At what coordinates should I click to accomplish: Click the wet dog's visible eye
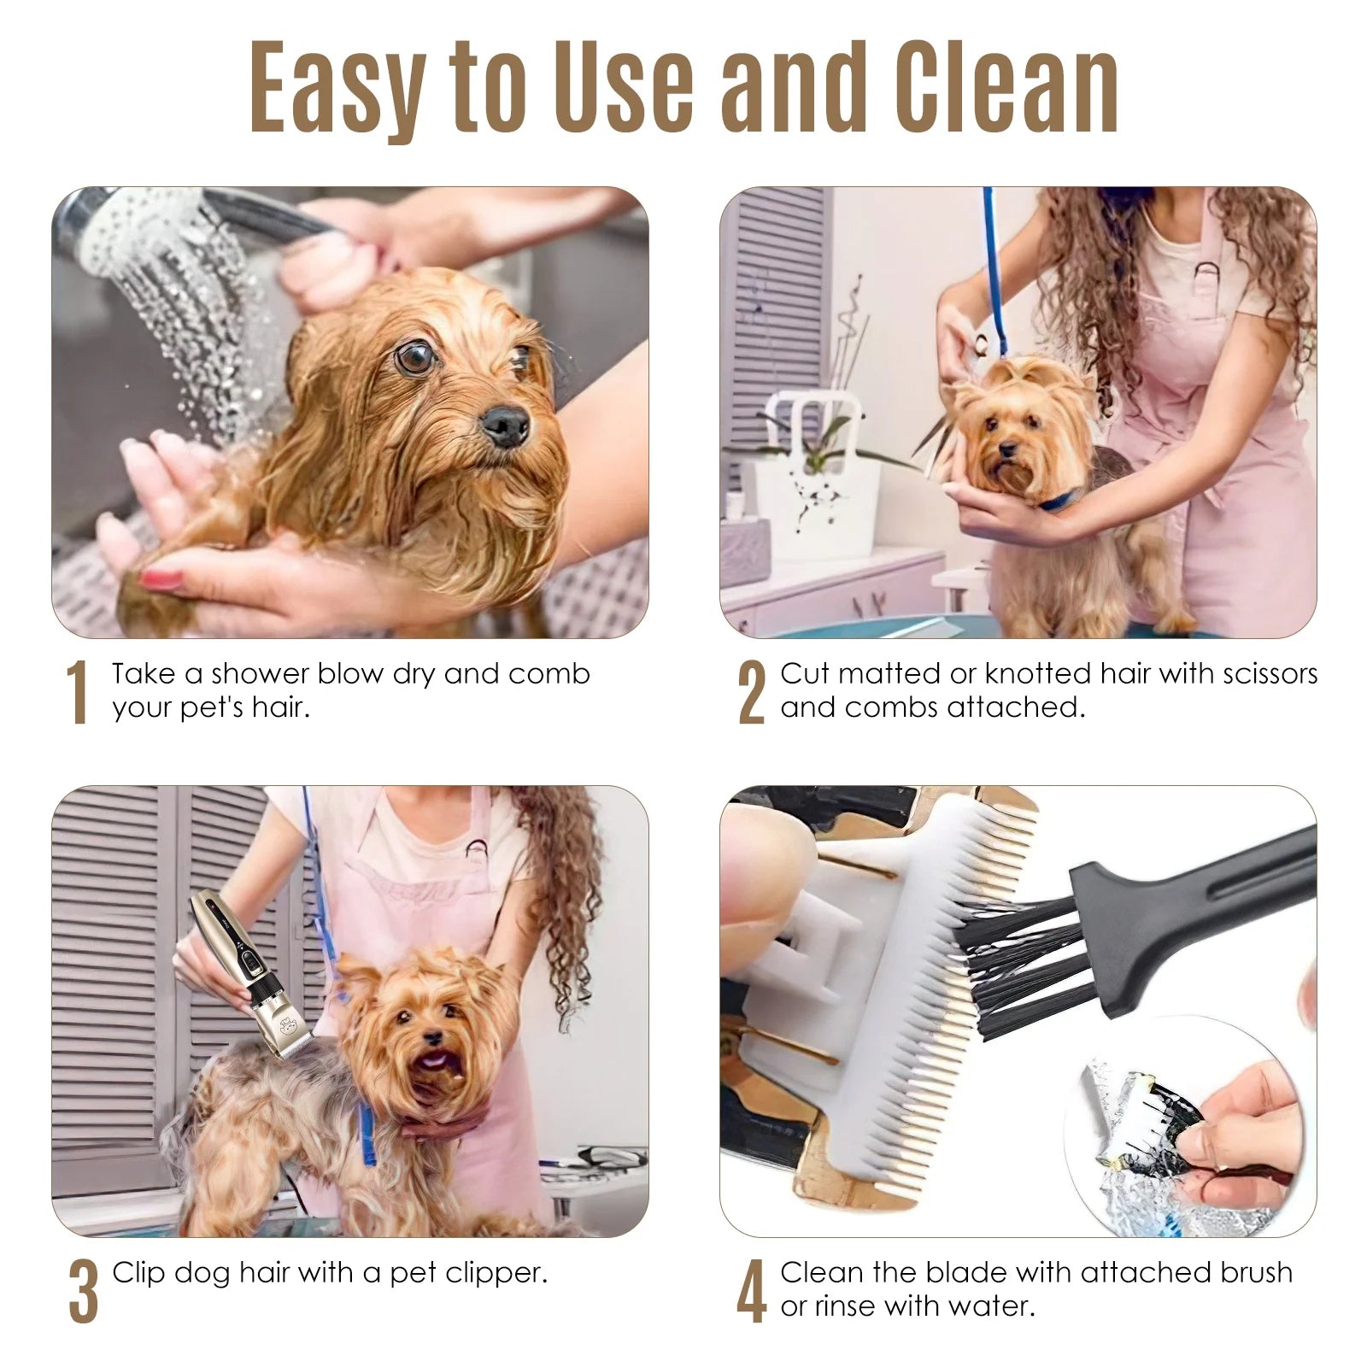(x=416, y=357)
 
